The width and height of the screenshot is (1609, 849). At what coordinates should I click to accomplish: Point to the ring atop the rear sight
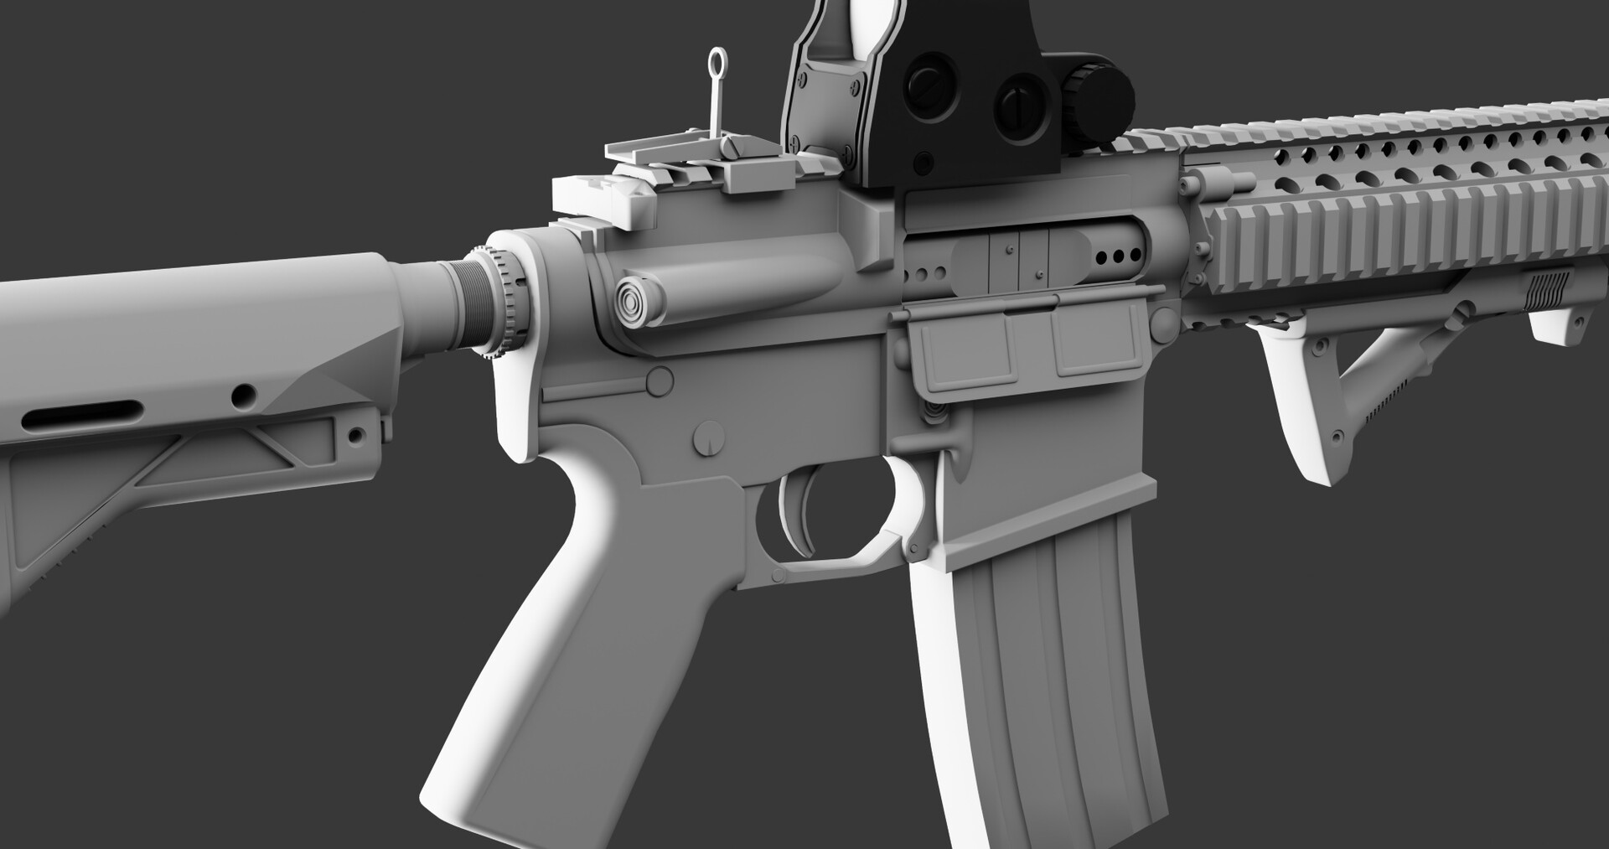[x=717, y=61]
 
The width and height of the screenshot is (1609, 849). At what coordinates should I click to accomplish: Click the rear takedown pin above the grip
[x=660, y=381]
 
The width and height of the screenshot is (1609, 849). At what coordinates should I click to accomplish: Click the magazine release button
[x=934, y=411]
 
